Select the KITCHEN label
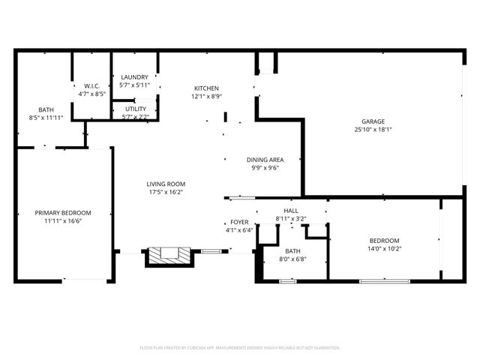[x=206, y=88]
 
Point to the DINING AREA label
[x=265, y=160]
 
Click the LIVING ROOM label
[x=166, y=184]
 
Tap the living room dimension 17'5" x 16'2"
[x=166, y=192]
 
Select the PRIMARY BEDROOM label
[x=63, y=212]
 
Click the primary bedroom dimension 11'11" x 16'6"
[x=63, y=220]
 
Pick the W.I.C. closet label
[x=92, y=85]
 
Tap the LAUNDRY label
[x=135, y=77]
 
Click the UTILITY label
[x=135, y=109]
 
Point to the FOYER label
[x=239, y=222]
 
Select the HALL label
[x=291, y=211]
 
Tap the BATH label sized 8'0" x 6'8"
[x=292, y=250]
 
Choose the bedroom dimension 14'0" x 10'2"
[x=385, y=249]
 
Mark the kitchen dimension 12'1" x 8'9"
[x=206, y=96]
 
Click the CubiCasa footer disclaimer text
[x=240, y=347]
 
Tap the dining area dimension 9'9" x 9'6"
[x=265, y=168]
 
